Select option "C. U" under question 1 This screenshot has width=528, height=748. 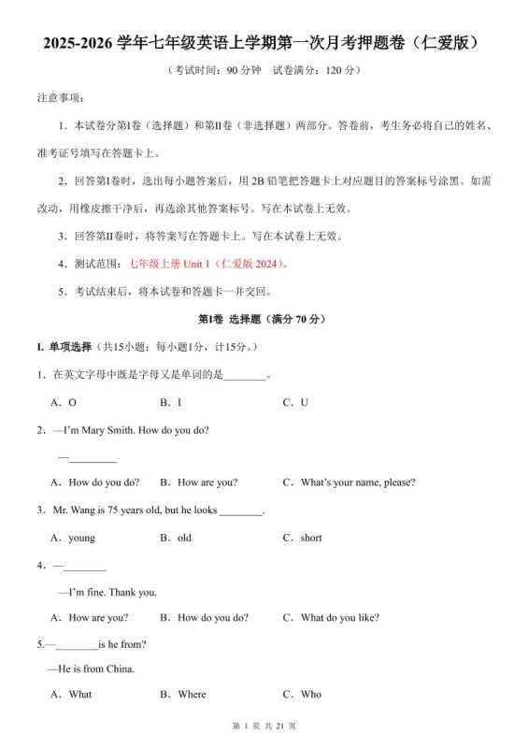tap(295, 402)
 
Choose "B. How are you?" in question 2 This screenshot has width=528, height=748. tap(198, 482)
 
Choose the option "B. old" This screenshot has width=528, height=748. tap(176, 538)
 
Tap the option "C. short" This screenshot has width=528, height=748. tap(302, 538)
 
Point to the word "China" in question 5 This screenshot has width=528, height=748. tap(120, 669)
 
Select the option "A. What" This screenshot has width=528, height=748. tap(72, 695)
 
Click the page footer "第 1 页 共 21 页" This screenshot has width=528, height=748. tap(264, 726)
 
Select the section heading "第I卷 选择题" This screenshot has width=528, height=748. tap(233, 319)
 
